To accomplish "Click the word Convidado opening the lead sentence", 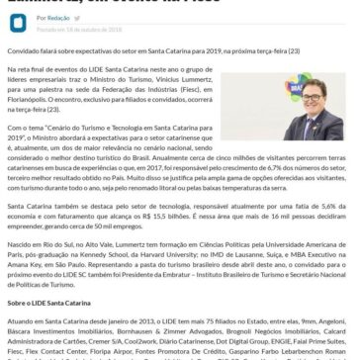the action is (23, 46).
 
